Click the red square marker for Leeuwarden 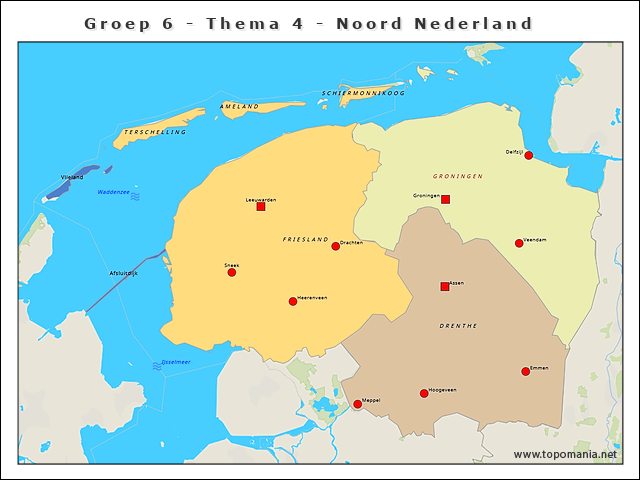click(261, 207)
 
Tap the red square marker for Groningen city click(445, 200)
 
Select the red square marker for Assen click(445, 287)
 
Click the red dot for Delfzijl click(528, 155)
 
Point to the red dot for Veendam click(519, 243)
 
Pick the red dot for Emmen click(525, 372)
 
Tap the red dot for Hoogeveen click(424, 393)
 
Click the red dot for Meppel click(358, 404)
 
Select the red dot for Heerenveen click(293, 301)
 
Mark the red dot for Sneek click(232, 272)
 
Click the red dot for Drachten click(336, 246)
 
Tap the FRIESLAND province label click(305, 240)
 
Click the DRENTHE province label click(458, 326)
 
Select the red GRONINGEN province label click(458, 176)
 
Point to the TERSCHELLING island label click(155, 132)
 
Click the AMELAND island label click(239, 106)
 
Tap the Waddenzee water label click(113, 190)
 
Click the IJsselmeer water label click(176, 361)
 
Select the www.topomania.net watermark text click(565, 455)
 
